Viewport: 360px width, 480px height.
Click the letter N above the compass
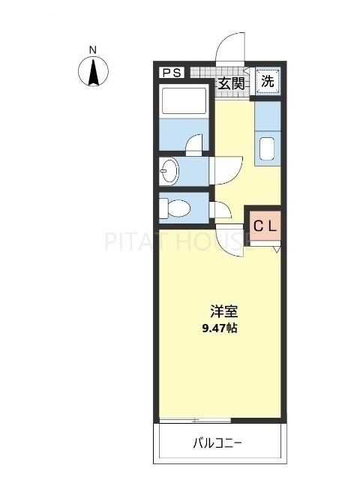[x=93, y=50]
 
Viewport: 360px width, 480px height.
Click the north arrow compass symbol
[x=93, y=73]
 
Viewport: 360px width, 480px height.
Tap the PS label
[x=170, y=73]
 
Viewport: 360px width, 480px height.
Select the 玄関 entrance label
[x=230, y=82]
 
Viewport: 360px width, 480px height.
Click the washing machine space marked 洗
[x=268, y=80]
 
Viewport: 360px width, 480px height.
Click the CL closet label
[x=264, y=225]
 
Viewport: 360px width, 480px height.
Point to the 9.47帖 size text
[x=221, y=328]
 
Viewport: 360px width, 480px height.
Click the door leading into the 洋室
[x=229, y=242]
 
